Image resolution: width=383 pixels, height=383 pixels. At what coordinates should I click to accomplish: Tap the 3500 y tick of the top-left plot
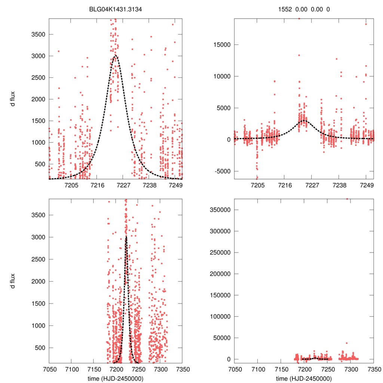[x=38, y=34]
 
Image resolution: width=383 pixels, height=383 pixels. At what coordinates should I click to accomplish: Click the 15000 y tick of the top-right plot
[x=219, y=45]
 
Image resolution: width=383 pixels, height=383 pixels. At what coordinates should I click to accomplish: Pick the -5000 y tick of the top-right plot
[x=220, y=171]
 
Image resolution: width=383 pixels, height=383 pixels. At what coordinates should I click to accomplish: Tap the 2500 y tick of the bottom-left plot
[x=38, y=259]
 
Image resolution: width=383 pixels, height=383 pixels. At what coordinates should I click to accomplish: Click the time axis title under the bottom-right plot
[x=304, y=378]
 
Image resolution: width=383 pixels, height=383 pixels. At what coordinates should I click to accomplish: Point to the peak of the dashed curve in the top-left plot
[x=115, y=56]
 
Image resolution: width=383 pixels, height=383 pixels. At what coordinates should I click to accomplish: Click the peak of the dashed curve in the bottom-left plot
[x=126, y=237]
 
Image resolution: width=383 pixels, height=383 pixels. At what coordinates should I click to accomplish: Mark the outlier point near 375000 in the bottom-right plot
[x=347, y=199]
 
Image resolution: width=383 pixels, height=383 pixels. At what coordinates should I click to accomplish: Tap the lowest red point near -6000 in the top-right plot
[x=257, y=178]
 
